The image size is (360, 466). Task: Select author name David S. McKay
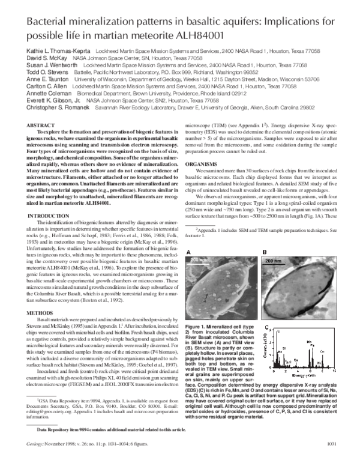pos(40,60)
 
